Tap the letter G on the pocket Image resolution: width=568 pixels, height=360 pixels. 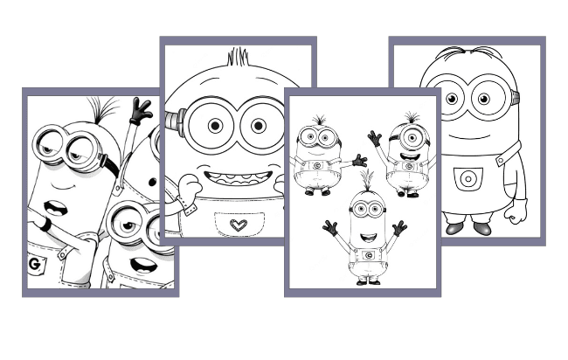click(x=35, y=262)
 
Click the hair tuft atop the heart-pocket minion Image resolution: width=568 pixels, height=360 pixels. click(x=238, y=59)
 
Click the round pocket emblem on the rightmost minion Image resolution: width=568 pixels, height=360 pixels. click(x=468, y=179)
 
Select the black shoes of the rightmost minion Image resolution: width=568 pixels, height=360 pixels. click(x=468, y=227)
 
